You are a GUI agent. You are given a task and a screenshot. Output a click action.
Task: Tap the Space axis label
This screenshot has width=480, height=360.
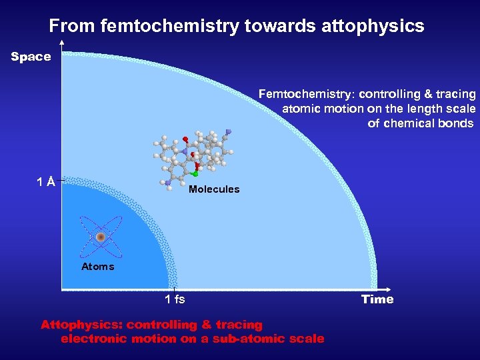[31, 57]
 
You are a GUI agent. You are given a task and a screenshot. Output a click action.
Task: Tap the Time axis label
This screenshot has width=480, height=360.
[377, 299]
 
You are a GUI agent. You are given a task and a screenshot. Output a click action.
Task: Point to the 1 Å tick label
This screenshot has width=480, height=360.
[46, 181]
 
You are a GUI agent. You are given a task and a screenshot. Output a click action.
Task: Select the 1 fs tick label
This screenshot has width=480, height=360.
[175, 299]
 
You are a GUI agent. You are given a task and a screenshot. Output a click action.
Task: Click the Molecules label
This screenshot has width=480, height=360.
[214, 189]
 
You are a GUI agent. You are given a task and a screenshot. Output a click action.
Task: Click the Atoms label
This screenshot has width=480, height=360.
[98, 267]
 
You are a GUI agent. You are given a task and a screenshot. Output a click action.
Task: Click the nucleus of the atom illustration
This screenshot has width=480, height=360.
[101, 237]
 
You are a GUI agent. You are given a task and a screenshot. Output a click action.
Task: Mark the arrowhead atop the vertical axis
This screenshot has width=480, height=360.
[61, 43]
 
